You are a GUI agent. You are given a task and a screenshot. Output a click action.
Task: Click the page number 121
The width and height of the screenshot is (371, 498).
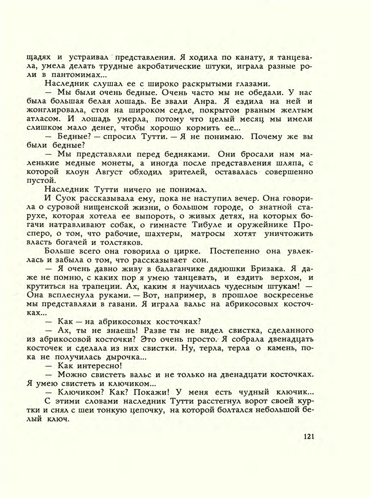coord(309,437)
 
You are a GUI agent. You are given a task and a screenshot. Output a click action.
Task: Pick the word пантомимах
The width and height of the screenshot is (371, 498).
coord(75,75)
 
